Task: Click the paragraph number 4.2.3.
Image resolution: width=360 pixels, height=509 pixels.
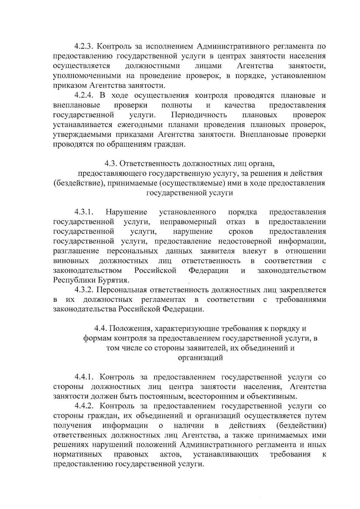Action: tap(85, 46)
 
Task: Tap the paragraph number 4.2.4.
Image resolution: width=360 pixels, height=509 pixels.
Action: tap(85, 96)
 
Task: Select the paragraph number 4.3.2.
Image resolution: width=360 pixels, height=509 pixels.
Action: tap(85, 290)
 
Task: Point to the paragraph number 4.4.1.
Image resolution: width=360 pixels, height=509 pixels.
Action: tap(85, 377)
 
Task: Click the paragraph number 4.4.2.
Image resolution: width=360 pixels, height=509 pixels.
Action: tap(85, 406)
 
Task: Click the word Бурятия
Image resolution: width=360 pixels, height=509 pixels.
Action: tap(114, 280)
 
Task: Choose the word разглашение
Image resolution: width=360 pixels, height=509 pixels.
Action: tap(76, 251)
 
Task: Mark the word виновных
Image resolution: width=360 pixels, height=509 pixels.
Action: tap(71, 261)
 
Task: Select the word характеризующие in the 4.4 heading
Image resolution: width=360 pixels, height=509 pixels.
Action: tap(186, 329)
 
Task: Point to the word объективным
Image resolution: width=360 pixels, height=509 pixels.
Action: tap(271, 397)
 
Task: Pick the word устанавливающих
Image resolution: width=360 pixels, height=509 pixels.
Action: tap(226, 454)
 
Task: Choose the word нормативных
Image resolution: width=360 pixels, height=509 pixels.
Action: tap(77, 454)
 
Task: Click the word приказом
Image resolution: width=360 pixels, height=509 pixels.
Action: tap(68, 85)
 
